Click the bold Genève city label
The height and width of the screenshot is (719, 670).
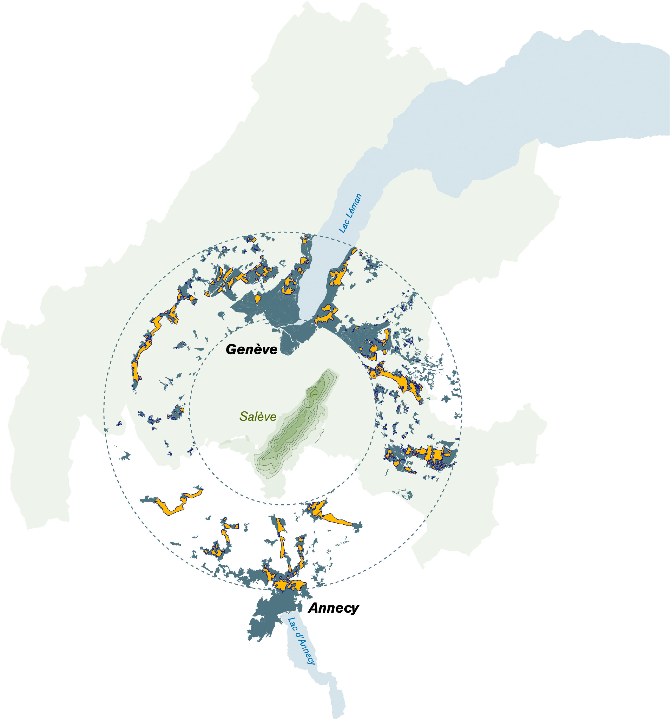pos(252,349)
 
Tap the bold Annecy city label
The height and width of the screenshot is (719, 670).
pos(333,608)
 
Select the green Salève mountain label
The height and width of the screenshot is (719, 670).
pos(258,417)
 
